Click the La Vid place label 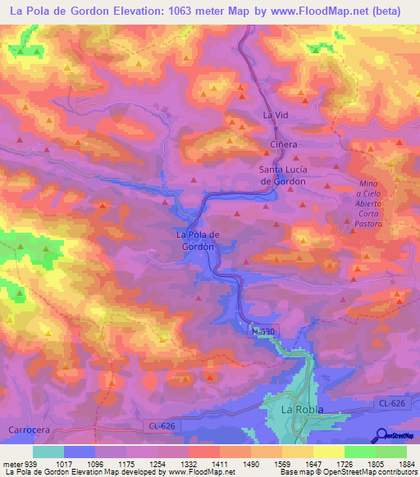pyautogui.click(x=276, y=116)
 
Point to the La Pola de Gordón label pyautogui.click(x=196, y=240)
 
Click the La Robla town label pyautogui.click(x=302, y=408)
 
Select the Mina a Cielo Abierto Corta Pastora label pyautogui.click(x=370, y=203)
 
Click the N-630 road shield pyautogui.click(x=261, y=329)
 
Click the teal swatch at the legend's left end pyautogui.click(x=48, y=452)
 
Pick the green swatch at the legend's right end pyautogui.click(x=390, y=452)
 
